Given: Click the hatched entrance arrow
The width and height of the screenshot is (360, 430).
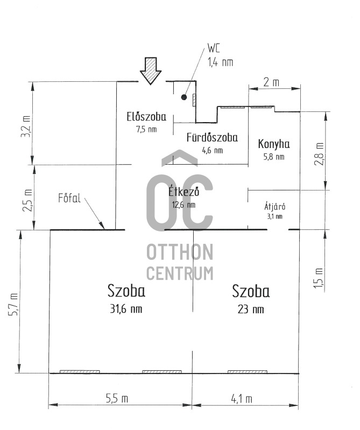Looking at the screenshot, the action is coord(151,71).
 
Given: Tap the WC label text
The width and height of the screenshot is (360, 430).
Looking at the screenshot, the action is coord(214,48).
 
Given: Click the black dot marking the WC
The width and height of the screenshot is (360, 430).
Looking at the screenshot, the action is coord(184,97).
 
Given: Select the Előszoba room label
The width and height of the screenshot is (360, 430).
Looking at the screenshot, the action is coord(146,117).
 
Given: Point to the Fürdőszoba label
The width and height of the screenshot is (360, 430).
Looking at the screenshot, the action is coord(212,137).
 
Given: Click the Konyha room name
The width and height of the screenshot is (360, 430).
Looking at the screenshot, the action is coord(274,144).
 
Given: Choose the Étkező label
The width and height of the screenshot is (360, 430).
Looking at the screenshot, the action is coord(183,192).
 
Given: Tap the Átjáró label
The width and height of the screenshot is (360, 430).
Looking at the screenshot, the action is coord(275,206).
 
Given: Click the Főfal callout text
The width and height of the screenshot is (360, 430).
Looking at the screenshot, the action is coord(69,198).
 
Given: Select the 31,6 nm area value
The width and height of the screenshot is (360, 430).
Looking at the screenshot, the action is coord(126,309).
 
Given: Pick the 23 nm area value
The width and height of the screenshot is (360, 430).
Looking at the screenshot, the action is coord(251,309).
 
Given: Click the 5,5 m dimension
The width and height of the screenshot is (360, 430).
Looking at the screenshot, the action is coord(117,398).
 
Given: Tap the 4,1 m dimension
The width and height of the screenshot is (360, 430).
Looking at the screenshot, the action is coord(241,399).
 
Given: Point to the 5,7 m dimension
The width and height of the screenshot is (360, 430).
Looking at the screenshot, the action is coord(13,305).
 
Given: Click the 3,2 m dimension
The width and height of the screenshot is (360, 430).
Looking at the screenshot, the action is coord(26,127).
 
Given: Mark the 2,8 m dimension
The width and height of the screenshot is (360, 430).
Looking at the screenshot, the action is coord(319,154).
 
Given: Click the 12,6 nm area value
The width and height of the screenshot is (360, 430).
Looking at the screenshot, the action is coord(183,205).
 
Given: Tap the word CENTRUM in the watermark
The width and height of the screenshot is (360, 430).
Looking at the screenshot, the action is coord(180,273).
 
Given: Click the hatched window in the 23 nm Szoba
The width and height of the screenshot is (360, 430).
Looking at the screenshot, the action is coord(248,372).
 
